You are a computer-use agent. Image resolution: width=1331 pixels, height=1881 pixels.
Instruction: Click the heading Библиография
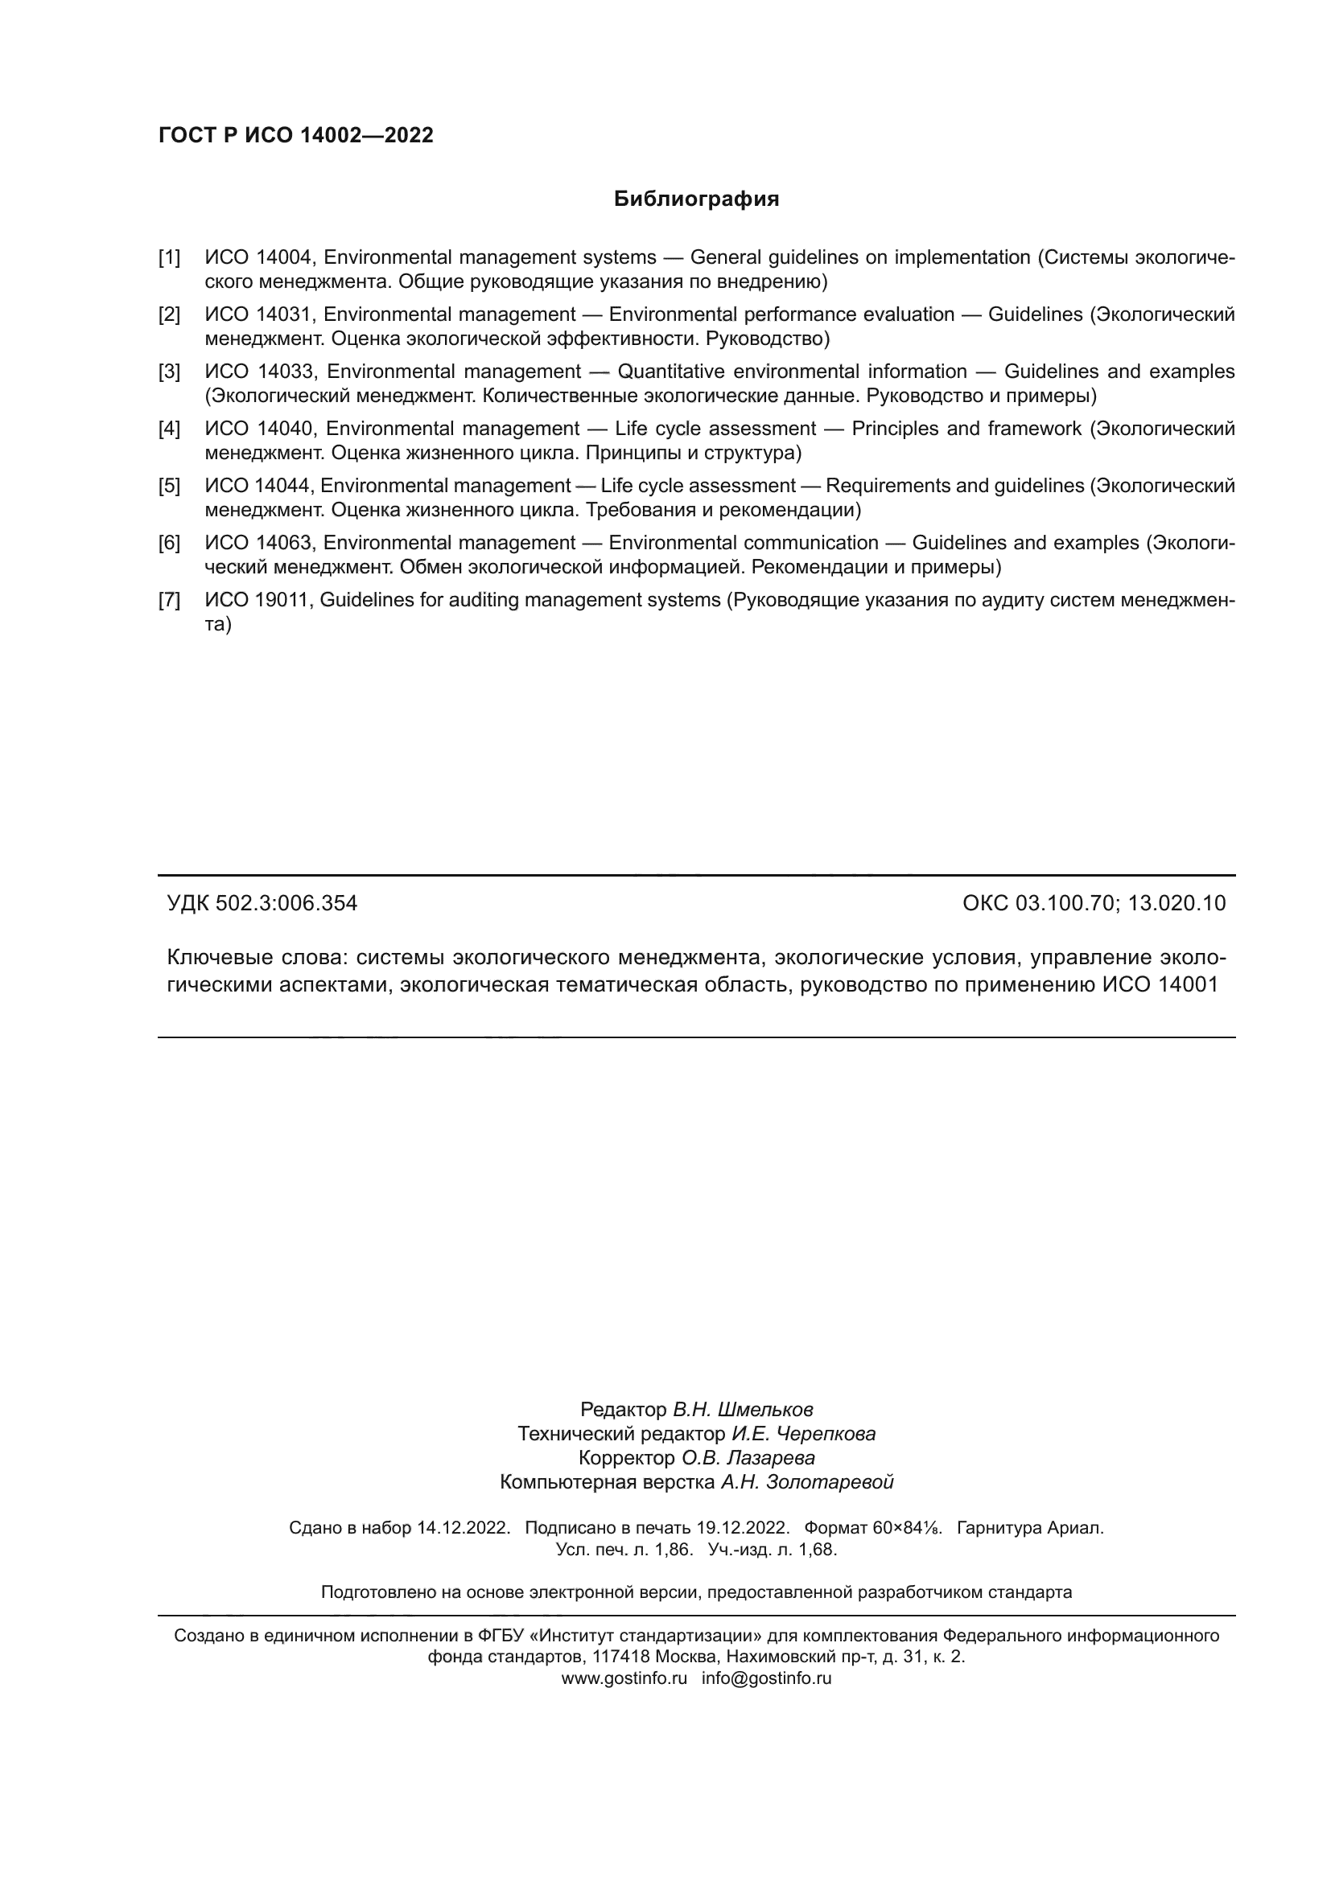point(696,199)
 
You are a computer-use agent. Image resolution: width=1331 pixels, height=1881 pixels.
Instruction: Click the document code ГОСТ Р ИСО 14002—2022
point(296,136)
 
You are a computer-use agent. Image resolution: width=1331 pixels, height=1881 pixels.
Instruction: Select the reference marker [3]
point(169,372)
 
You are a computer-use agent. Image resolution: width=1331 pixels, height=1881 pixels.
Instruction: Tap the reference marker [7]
point(169,601)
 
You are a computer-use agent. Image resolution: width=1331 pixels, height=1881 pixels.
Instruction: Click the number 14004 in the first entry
point(284,258)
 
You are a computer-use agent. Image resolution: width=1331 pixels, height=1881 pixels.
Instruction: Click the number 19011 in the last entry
point(282,601)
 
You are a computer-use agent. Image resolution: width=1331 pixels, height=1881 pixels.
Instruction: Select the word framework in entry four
point(1034,429)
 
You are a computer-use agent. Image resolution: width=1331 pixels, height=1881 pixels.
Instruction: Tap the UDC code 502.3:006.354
point(286,904)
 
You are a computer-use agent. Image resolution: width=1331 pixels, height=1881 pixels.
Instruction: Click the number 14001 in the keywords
point(1189,985)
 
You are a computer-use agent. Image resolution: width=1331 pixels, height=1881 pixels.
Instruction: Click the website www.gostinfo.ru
point(624,1678)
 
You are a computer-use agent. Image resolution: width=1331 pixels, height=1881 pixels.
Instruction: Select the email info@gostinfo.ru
point(766,1678)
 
